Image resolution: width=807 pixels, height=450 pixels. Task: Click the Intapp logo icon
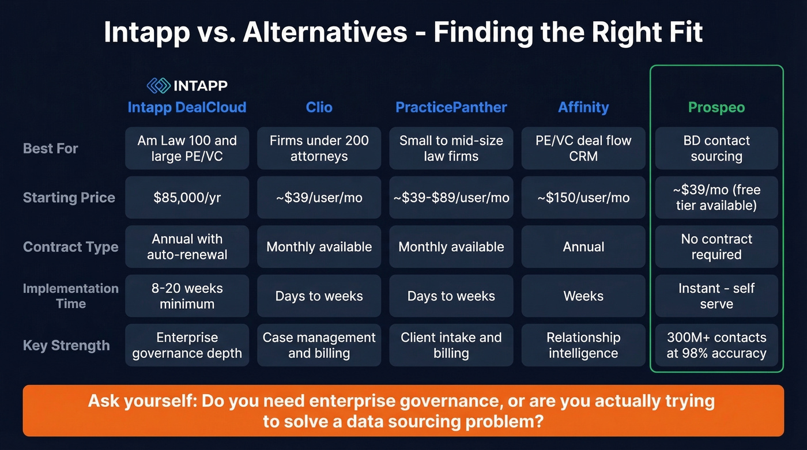(159, 86)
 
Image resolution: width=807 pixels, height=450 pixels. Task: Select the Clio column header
(319, 107)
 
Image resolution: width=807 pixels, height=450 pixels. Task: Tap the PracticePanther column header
(451, 107)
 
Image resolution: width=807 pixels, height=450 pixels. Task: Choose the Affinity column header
(583, 107)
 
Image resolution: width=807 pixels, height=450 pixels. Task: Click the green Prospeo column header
(717, 107)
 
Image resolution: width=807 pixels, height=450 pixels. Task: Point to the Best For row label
(51, 149)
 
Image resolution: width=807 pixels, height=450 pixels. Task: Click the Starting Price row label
(69, 198)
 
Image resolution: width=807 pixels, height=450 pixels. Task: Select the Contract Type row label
(70, 247)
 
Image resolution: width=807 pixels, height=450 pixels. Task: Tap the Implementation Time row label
(70, 296)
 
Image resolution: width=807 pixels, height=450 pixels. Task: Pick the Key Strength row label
(66, 346)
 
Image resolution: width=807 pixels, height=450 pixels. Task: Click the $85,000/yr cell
(187, 198)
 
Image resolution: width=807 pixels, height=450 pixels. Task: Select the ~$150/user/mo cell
(583, 198)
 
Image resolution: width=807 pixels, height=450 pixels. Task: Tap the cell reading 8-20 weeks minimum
(187, 296)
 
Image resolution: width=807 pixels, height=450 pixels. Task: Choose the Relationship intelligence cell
(583, 346)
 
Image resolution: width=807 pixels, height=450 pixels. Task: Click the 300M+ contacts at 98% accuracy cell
(717, 346)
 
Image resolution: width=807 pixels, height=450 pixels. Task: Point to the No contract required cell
(717, 247)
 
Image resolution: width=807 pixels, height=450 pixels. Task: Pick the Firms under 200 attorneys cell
(319, 149)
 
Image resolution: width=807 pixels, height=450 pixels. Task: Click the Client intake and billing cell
(451, 346)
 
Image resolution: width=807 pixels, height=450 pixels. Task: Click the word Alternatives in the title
(325, 33)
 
